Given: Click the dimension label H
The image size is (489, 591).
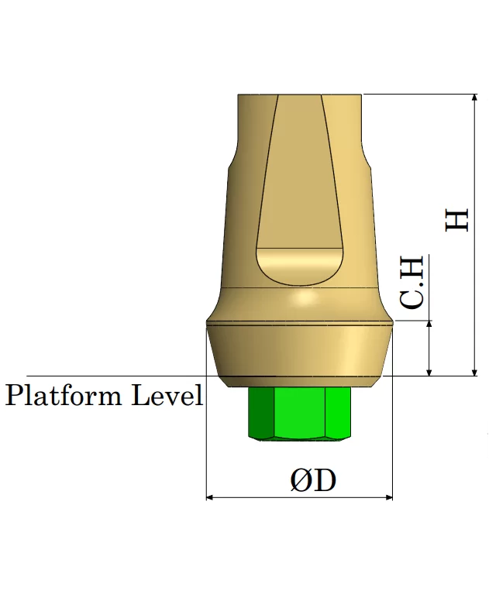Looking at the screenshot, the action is coord(457,220).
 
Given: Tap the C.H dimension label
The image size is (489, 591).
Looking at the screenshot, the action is coord(412,282).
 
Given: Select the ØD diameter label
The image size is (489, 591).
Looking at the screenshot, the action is coord(313,480).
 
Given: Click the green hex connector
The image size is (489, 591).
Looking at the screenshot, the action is coord(299,414).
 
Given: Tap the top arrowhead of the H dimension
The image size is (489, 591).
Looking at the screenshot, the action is coord(475,98).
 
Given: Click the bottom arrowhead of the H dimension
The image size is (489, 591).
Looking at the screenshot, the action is coord(475,372).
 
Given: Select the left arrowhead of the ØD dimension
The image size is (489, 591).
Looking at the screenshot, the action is coord(210,497).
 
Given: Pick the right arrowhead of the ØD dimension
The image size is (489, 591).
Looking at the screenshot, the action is coord(389,497).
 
